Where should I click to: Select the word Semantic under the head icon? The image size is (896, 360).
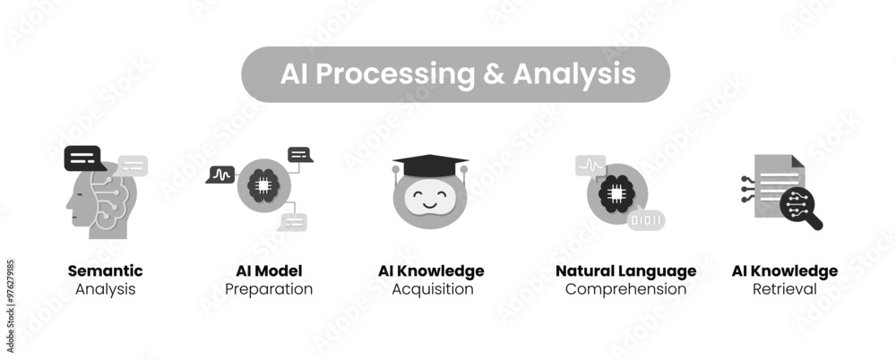(105, 270)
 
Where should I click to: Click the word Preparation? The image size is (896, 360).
(269, 289)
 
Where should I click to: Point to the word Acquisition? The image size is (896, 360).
(433, 289)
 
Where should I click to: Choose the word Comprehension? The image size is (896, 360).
(625, 289)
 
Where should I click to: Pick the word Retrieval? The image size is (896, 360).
(784, 289)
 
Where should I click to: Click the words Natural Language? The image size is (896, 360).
(625, 270)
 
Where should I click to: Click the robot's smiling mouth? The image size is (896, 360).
(430, 204)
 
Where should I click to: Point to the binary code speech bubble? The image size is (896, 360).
(645, 219)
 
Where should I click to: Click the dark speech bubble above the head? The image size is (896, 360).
(83, 159)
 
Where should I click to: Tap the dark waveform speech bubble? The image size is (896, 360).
(220, 174)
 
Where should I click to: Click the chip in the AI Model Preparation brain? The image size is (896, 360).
(264, 185)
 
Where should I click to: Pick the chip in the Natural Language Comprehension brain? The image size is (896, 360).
(614, 193)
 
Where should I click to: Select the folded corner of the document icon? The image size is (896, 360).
(797, 161)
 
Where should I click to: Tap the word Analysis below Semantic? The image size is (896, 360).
(105, 289)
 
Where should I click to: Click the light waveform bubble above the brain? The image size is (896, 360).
(590, 165)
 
